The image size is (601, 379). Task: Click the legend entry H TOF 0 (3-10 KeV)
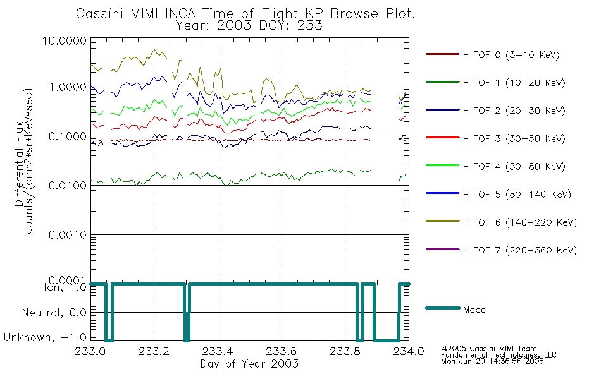pyautogui.click(x=511, y=55)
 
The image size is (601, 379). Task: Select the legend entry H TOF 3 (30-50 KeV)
pyautogui.click(x=514, y=138)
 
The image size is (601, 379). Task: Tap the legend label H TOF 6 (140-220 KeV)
pyautogui.click(x=520, y=222)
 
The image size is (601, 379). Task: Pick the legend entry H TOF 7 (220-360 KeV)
pyautogui.click(x=520, y=250)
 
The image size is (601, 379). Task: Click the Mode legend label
pyautogui.click(x=474, y=310)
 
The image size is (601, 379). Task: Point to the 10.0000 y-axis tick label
pyautogui.click(x=65, y=40)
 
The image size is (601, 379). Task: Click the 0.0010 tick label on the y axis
pyautogui.click(x=68, y=235)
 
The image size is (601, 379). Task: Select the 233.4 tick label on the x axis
pyautogui.click(x=218, y=351)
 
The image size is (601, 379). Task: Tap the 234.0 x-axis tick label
pyautogui.click(x=409, y=351)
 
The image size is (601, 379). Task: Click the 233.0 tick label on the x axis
pyautogui.click(x=90, y=351)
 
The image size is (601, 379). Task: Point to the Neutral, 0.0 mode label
pyautogui.click(x=54, y=313)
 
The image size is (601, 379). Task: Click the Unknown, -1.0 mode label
pyautogui.click(x=45, y=338)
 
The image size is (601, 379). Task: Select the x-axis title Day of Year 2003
pyautogui.click(x=249, y=364)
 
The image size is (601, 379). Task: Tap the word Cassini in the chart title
pyautogui.click(x=100, y=14)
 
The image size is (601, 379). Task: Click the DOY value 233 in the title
pyautogui.click(x=310, y=26)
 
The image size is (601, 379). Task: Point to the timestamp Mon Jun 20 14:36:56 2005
pyautogui.click(x=492, y=361)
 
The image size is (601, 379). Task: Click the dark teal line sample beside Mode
pyautogui.click(x=443, y=308)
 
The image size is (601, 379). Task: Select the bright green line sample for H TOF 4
pyautogui.click(x=443, y=165)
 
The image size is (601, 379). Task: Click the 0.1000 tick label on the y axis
pyautogui.click(x=68, y=136)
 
